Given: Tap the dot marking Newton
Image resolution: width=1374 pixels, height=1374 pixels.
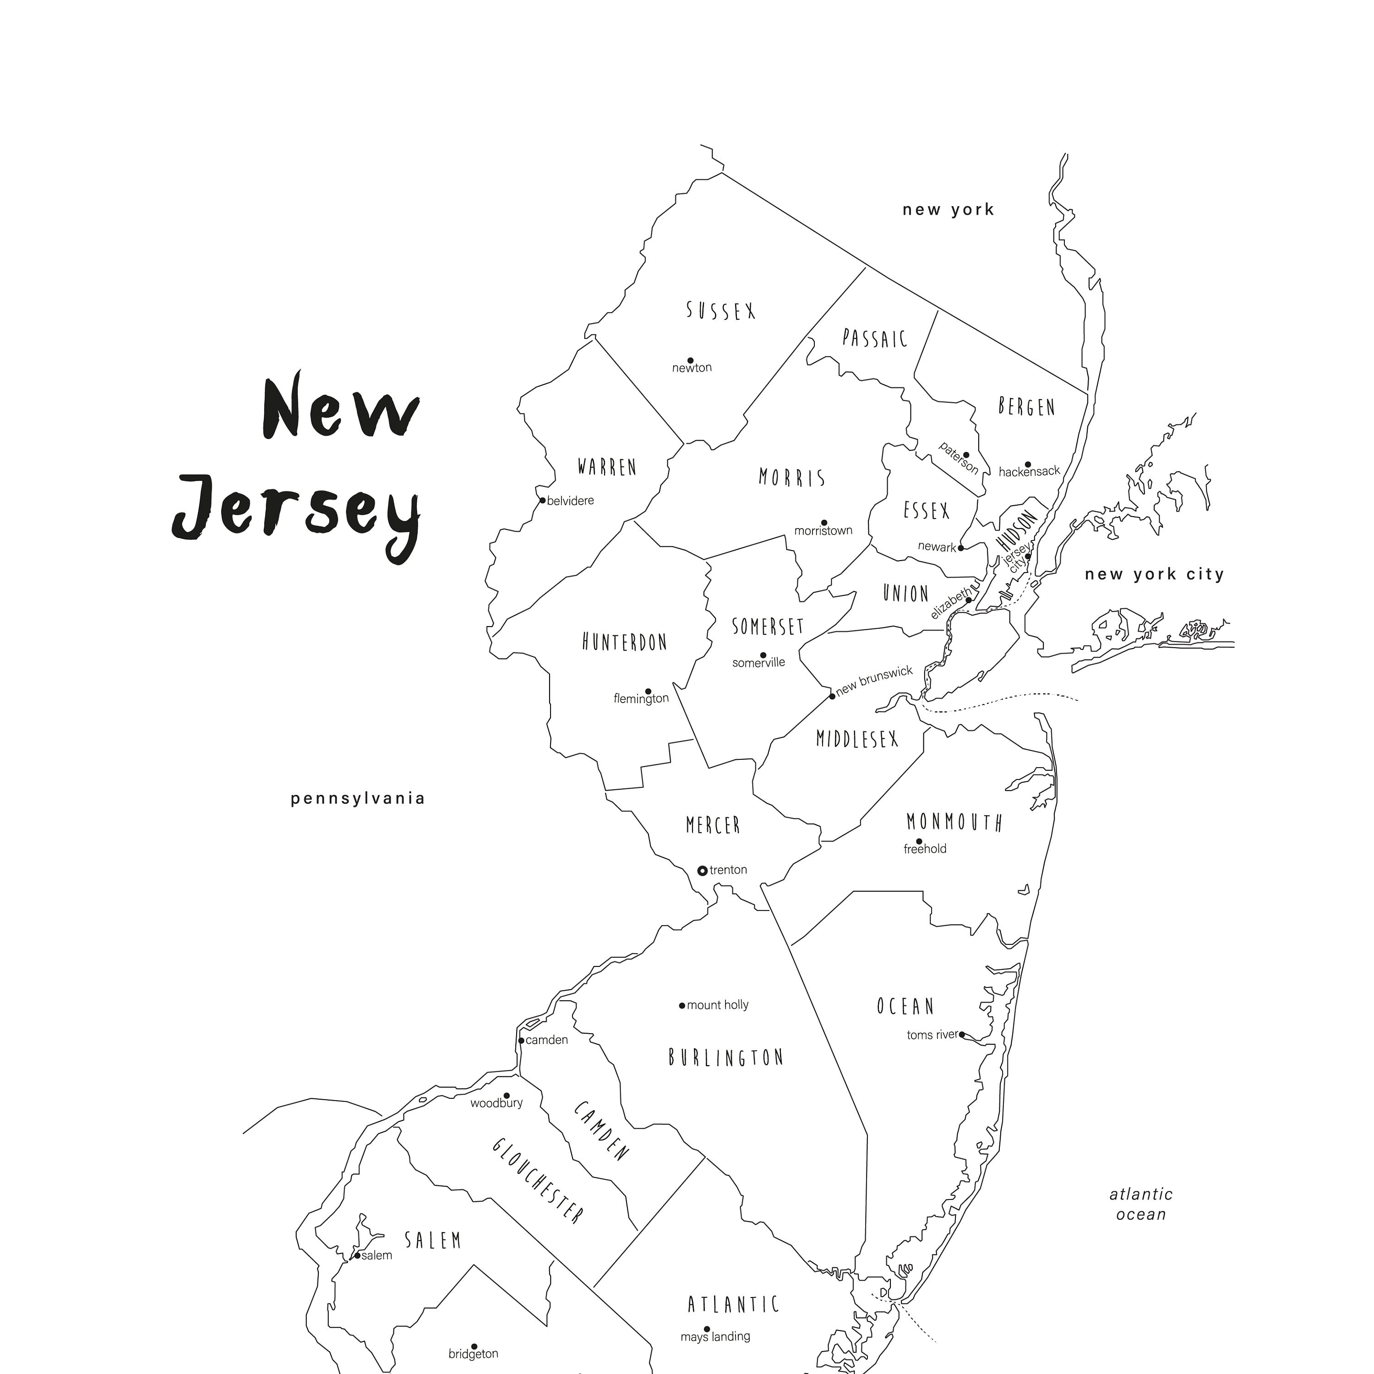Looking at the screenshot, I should tap(690, 360).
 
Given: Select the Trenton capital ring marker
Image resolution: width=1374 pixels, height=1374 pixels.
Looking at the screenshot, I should tap(702, 870).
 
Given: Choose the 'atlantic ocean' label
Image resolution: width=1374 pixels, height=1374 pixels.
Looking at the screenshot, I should tap(1141, 1204).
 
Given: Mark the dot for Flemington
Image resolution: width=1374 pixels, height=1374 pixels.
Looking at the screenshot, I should tap(648, 691).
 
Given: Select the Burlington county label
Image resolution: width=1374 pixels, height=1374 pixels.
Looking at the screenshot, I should tap(725, 1058).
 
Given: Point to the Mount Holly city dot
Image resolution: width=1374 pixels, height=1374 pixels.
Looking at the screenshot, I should tap(682, 1006).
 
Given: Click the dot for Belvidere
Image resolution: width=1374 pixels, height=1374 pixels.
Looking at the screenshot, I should tap(543, 501).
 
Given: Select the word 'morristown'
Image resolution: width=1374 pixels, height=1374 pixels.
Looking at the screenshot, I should tap(823, 530).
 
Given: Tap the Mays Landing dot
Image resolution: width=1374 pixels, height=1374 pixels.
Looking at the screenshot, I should tap(707, 1329).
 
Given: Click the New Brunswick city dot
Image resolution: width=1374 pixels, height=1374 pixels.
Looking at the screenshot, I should tap(832, 696).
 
